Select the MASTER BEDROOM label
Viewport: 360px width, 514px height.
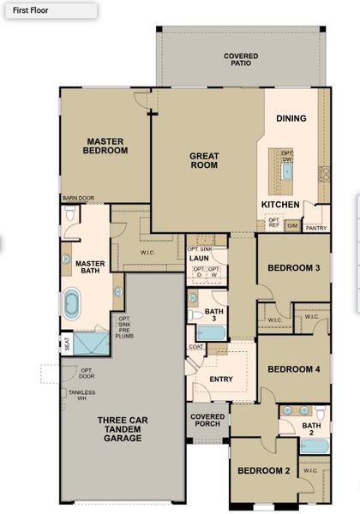[105, 146]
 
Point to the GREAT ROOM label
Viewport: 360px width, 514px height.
[204, 161]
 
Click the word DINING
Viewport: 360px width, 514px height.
[291, 118]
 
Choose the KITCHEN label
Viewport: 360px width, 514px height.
[279, 205]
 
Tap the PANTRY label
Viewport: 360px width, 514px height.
[316, 228]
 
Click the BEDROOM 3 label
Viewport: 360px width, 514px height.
[293, 268]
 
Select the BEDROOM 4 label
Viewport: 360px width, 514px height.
[293, 369]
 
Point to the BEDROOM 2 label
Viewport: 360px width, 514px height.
[263, 471]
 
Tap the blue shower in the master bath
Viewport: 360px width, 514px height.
[89, 344]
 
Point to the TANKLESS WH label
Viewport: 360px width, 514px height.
[82, 396]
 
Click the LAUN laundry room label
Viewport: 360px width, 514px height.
[199, 258]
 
